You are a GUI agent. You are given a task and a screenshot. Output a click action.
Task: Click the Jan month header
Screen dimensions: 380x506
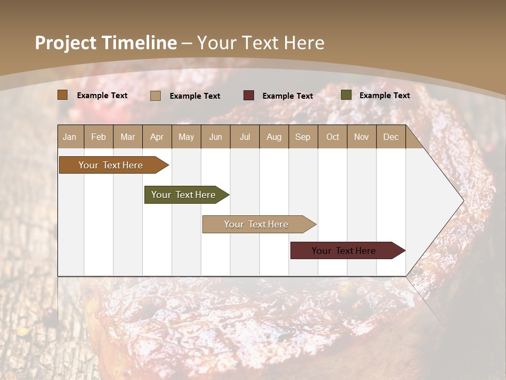pyautogui.click(x=70, y=137)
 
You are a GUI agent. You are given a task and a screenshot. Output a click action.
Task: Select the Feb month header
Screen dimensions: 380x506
pyautogui.click(x=99, y=137)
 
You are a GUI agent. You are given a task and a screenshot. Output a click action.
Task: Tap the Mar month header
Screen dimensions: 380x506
pyautogui.click(x=128, y=137)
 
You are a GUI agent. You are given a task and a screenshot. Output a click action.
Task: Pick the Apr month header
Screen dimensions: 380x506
pyautogui.click(x=157, y=137)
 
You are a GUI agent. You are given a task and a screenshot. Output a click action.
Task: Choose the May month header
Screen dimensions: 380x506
pyautogui.click(x=186, y=137)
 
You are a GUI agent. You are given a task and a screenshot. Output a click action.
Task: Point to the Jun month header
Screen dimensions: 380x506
pyautogui.click(x=216, y=137)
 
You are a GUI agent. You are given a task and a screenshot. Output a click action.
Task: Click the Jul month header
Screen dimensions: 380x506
pyautogui.click(x=245, y=137)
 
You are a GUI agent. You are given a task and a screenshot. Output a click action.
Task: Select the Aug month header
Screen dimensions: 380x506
pyautogui.click(x=274, y=137)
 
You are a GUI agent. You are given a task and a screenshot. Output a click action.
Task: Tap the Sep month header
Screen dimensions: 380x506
pyautogui.click(x=303, y=137)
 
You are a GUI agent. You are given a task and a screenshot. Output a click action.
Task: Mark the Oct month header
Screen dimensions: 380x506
pyautogui.click(x=333, y=137)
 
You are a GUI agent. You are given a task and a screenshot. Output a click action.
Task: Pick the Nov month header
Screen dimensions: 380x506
pyautogui.click(x=362, y=137)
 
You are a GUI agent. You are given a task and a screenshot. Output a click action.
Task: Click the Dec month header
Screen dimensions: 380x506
pyautogui.click(x=391, y=137)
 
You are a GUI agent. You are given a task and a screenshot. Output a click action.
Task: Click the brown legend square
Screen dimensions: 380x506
pyautogui.click(x=63, y=95)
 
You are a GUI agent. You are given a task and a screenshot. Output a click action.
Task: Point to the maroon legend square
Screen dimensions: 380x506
pyautogui.click(x=249, y=95)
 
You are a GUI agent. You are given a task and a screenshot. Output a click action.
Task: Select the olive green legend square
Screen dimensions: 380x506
pyautogui.click(x=346, y=95)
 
